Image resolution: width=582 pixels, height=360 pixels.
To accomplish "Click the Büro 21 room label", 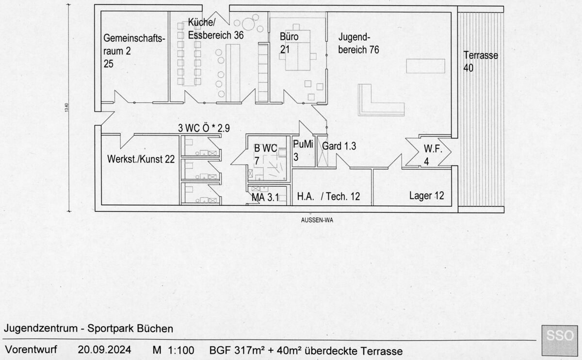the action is point(289,43).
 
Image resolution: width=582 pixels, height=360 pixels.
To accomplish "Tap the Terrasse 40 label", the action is point(481,62).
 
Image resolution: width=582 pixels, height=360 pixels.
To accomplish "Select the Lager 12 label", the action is point(427,196).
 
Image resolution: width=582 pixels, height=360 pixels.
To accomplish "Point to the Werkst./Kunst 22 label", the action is point(141,159).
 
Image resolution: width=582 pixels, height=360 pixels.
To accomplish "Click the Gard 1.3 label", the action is point(339,146).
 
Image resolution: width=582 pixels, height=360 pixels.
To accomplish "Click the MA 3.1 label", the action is point(265,197).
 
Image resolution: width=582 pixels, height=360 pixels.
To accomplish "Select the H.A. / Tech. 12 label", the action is point(328,196).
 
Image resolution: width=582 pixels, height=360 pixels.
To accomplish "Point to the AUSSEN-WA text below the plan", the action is point(317,220).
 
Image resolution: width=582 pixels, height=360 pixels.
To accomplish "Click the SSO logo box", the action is point(560,340).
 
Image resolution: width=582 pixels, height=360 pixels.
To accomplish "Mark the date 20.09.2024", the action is point(104,350).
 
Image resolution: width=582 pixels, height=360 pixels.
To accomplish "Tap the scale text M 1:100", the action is point(173,350).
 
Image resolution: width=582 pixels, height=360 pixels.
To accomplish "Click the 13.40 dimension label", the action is point(66,108).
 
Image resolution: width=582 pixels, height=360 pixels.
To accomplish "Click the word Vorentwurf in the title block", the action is point(31,350).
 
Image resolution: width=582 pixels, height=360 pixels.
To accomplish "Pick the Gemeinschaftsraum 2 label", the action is point(134,51).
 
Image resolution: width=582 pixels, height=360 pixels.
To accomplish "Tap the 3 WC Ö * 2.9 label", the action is point(204,128).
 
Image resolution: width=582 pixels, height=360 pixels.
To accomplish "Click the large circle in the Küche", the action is point(248,24).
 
